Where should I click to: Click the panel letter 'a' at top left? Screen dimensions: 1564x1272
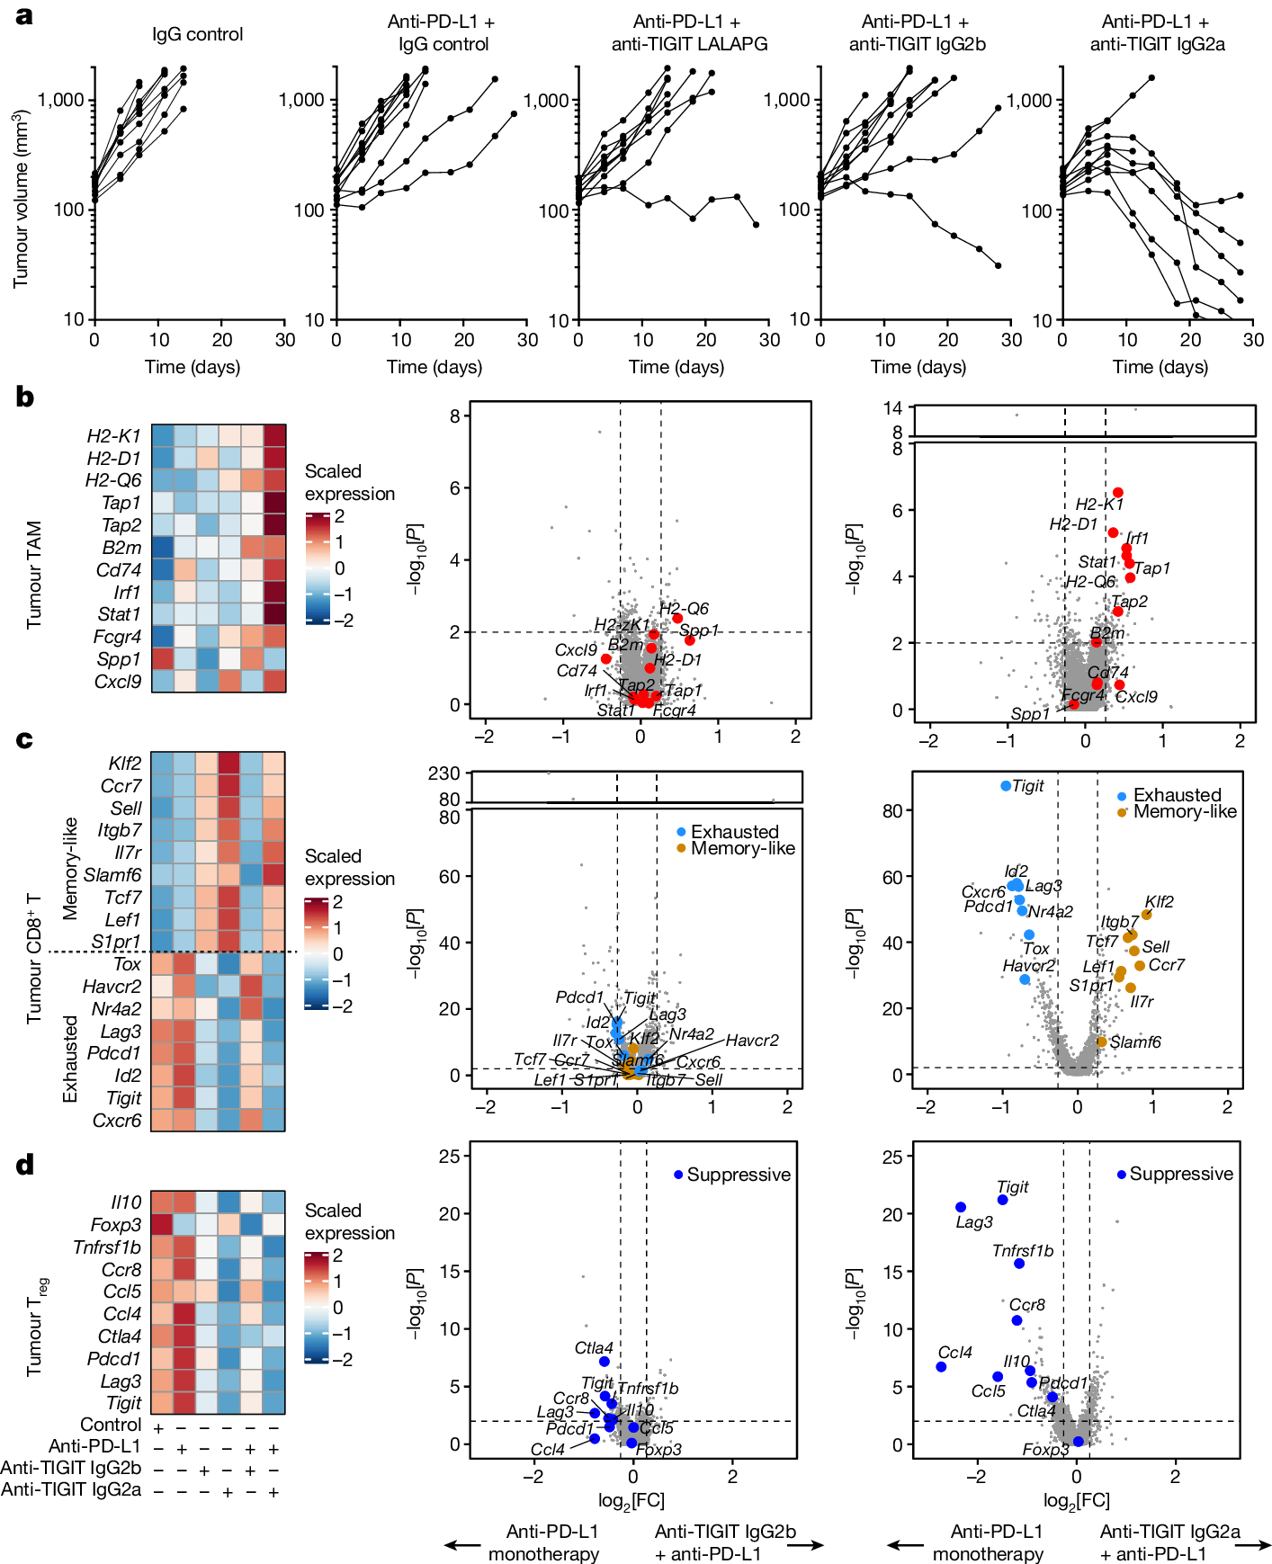point(24,15)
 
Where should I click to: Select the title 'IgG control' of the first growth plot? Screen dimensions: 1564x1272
point(197,34)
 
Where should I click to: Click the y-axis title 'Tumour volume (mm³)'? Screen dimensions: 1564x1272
point(20,199)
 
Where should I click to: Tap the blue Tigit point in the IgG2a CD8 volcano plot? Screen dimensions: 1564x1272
point(1006,786)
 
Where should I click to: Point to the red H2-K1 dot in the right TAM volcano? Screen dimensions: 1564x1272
point(1118,493)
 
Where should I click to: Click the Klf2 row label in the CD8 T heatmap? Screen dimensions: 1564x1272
point(124,764)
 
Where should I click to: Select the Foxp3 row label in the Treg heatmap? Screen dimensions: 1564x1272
point(115,1225)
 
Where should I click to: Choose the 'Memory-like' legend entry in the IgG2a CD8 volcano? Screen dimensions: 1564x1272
point(1184,812)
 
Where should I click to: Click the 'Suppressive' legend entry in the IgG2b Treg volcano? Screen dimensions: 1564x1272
point(738,1175)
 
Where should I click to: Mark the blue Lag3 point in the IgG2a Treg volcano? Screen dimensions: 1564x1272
point(961,1208)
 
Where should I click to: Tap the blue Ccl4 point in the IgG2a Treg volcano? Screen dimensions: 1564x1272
point(941,1367)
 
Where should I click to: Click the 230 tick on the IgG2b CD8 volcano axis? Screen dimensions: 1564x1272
point(444,773)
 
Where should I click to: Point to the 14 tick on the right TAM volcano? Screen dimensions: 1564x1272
point(892,408)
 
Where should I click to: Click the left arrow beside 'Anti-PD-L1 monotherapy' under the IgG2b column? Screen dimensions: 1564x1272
point(462,1545)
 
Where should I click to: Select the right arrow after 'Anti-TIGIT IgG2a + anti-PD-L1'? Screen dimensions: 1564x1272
point(1252,1545)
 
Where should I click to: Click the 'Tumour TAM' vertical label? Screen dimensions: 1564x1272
point(34,575)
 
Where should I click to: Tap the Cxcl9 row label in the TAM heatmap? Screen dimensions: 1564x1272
point(117,682)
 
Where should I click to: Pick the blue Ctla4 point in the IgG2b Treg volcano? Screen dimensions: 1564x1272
point(605,1362)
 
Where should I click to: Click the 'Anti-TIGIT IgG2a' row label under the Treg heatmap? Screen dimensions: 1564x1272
point(71,1490)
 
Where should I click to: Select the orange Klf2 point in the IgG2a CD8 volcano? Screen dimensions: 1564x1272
point(1146,916)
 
